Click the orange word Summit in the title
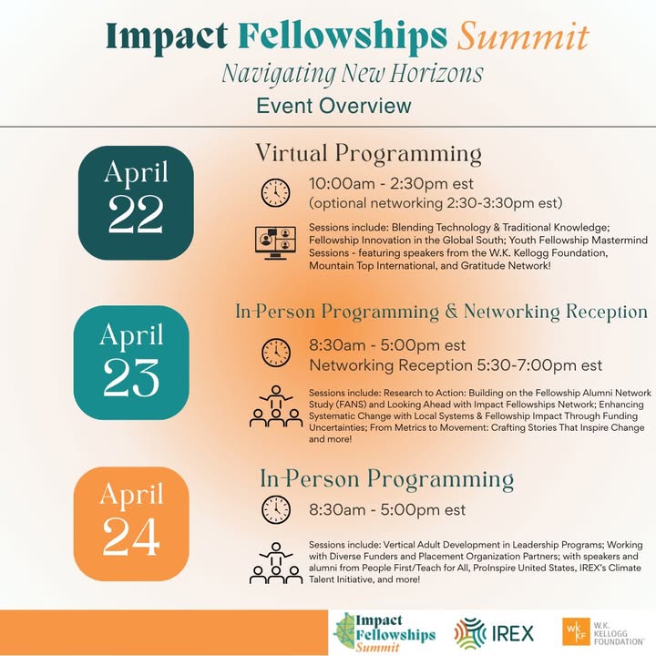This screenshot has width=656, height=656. (523, 36)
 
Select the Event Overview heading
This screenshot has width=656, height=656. (333, 106)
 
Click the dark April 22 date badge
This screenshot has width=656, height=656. (136, 203)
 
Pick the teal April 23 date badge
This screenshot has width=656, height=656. (131, 363)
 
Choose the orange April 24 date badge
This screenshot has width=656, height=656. (131, 524)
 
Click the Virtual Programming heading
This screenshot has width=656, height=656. (368, 155)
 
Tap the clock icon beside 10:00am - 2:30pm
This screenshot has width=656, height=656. (275, 192)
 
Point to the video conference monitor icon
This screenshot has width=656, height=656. (275, 243)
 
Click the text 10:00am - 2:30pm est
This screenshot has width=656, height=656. (391, 184)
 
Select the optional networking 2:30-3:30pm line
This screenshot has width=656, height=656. (436, 203)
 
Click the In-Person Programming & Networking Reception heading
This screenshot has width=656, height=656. (441, 313)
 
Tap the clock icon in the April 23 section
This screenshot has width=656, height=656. (276, 354)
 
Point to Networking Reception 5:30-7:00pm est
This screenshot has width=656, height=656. (456, 365)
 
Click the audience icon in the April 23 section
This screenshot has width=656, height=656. (276, 406)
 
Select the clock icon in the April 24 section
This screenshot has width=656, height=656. (276, 509)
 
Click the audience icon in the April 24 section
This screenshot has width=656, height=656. (276, 563)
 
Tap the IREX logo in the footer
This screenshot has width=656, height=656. (494, 633)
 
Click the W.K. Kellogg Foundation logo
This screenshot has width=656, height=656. (603, 631)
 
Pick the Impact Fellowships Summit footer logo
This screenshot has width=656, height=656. (384, 632)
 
